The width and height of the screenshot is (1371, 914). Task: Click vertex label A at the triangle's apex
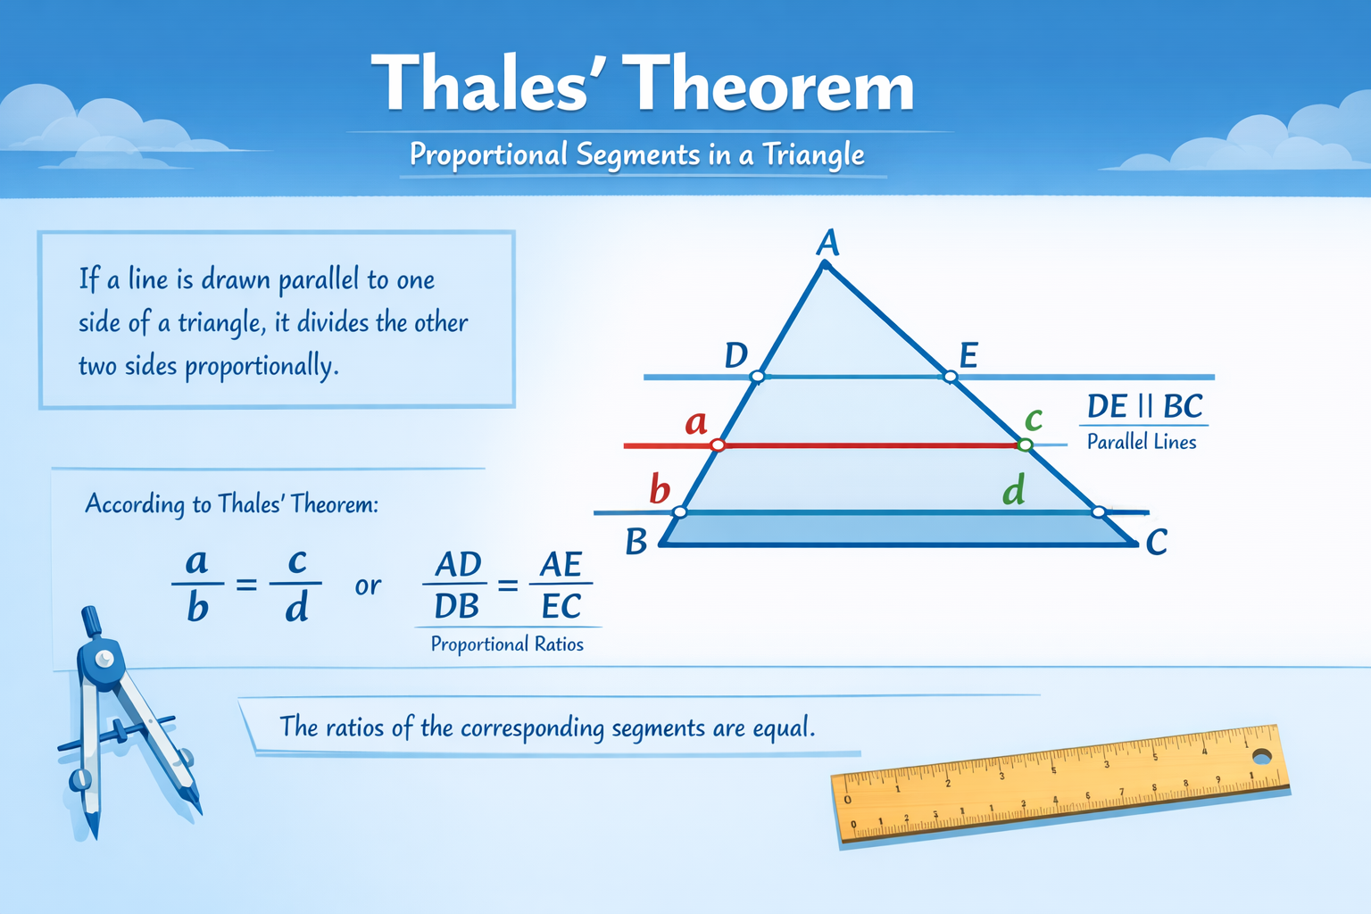(828, 242)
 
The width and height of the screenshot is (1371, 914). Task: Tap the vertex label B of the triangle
(636, 542)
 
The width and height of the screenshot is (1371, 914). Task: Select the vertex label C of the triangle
(1156, 542)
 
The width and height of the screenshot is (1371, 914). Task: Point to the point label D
(735, 355)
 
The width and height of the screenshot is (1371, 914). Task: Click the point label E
(968, 356)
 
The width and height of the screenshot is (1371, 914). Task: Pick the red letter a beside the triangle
(695, 422)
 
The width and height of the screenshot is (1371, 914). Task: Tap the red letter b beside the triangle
(660, 489)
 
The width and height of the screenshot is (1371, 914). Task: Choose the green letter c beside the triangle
(1034, 418)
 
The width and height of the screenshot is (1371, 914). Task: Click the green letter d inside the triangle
(1013, 490)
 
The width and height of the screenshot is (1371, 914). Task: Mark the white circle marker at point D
(757, 377)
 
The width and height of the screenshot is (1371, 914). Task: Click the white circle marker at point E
(950, 377)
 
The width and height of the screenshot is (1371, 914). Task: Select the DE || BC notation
(1144, 407)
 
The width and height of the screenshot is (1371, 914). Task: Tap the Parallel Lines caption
(1141, 442)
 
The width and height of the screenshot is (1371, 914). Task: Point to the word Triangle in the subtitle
(812, 155)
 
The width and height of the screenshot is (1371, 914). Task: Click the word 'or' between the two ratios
(368, 586)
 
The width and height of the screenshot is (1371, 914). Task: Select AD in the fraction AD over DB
(458, 565)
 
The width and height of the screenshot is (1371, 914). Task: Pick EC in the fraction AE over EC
(561, 607)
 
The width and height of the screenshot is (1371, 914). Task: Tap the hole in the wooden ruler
(1261, 757)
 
